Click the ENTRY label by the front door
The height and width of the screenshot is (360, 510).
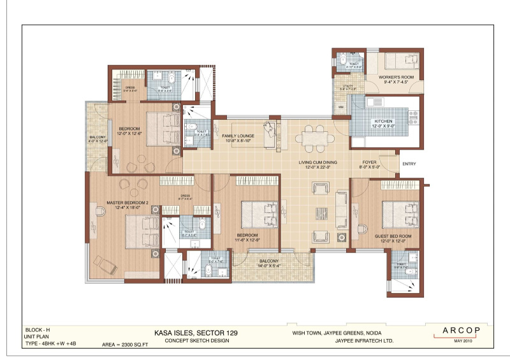tap(409, 164)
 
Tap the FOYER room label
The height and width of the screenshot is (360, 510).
tap(370, 162)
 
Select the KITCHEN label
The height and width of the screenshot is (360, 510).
tap(384, 121)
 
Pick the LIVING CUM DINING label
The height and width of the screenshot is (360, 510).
tap(317, 162)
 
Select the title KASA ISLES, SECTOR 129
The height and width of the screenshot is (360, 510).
tap(191, 332)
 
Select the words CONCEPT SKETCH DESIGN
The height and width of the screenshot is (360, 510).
tap(191, 340)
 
